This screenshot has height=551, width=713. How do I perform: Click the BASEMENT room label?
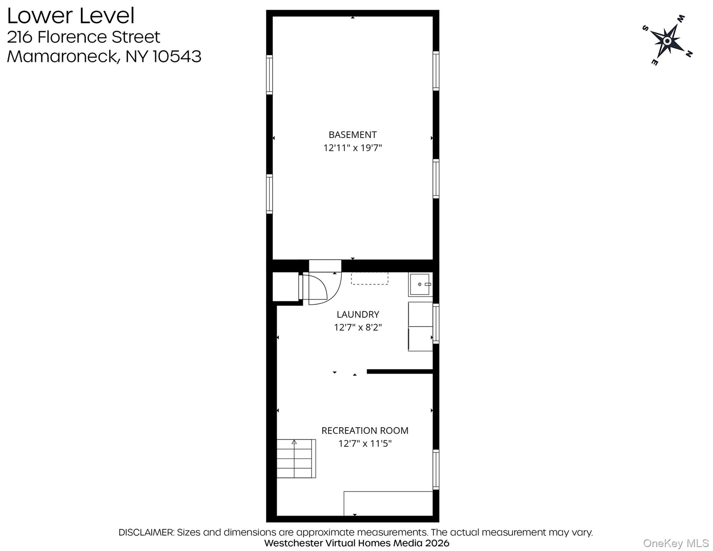(x=352, y=135)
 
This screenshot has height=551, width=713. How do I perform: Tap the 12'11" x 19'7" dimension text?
(x=352, y=148)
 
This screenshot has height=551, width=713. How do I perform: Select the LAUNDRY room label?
(x=358, y=314)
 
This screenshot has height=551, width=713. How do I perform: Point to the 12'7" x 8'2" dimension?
(x=358, y=327)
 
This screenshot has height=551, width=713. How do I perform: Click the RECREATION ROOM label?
(x=364, y=430)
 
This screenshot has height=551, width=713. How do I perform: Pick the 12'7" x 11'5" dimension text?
(x=364, y=443)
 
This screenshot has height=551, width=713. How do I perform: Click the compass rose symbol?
(x=667, y=41)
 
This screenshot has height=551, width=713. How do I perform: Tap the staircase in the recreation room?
(x=296, y=458)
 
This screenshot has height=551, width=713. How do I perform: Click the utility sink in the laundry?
(x=420, y=284)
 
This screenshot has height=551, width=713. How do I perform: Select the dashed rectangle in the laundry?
(x=369, y=278)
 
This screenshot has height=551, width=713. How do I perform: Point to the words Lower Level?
(x=71, y=16)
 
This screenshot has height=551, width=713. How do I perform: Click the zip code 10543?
(x=177, y=56)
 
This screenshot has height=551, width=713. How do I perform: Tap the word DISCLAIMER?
(x=146, y=532)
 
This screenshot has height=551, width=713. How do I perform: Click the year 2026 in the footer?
(x=437, y=543)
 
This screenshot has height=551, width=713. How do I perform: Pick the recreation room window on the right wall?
(x=436, y=469)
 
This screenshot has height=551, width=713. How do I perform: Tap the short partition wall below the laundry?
(x=400, y=372)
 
